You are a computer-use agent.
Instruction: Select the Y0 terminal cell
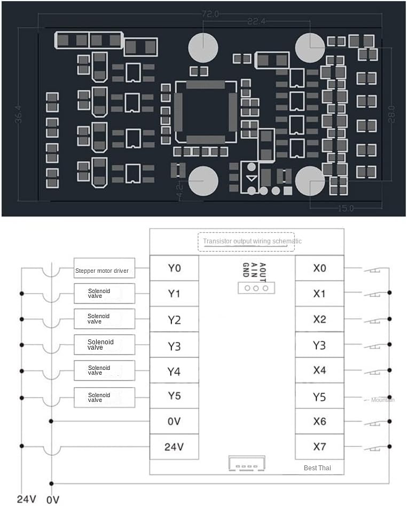coord(174,268)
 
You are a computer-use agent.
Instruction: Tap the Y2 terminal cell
coord(174,320)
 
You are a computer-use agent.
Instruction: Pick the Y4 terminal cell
coord(174,371)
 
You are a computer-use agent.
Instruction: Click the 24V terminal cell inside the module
coord(174,447)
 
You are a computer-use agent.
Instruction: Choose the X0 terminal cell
coord(319,268)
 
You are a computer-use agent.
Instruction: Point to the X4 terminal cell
coord(319,370)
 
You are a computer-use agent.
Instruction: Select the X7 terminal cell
coord(319,447)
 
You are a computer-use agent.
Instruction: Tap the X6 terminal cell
coord(319,421)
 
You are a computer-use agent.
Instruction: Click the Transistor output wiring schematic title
coord(252,241)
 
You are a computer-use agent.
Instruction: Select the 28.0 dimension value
coord(392,114)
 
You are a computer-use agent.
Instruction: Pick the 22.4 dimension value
coord(257,22)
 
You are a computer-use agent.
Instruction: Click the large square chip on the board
coord(206,112)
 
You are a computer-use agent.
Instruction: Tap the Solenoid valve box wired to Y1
coord(105,294)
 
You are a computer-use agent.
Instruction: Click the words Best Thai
coord(317,468)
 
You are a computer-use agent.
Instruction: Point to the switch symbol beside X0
coord(372,270)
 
